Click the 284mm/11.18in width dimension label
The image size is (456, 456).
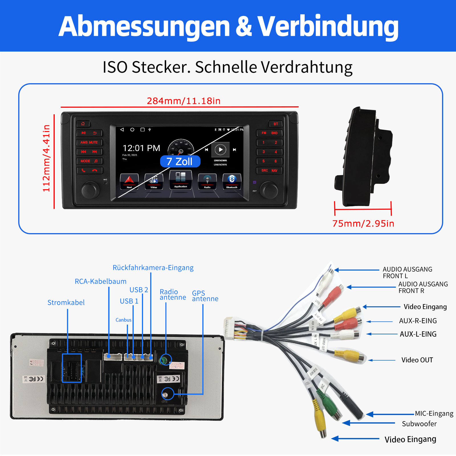(x=184, y=101)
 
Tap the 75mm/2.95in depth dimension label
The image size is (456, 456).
(x=363, y=223)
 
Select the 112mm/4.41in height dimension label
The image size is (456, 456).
(x=46, y=158)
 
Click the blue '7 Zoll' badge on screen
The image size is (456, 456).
(x=180, y=162)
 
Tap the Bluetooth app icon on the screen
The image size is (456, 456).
(x=232, y=181)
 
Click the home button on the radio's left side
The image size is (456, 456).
(x=83, y=124)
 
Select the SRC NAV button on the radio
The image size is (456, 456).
(x=269, y=170)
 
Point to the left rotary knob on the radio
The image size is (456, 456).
(x=90, y=190)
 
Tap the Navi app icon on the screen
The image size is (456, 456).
(x=129, y=181)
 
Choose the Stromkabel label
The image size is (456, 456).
(x=66, y=302)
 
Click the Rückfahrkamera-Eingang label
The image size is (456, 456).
(x=153, y=268)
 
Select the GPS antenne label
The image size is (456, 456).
(x=205, y=296)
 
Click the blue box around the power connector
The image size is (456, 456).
(x=72, y=368)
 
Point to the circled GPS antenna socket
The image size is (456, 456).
(x=168, y=394)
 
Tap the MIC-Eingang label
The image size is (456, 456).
(x=434, y=413)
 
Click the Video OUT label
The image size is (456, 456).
(x=417, y=360)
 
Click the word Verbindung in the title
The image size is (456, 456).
(x=328, y=26)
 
